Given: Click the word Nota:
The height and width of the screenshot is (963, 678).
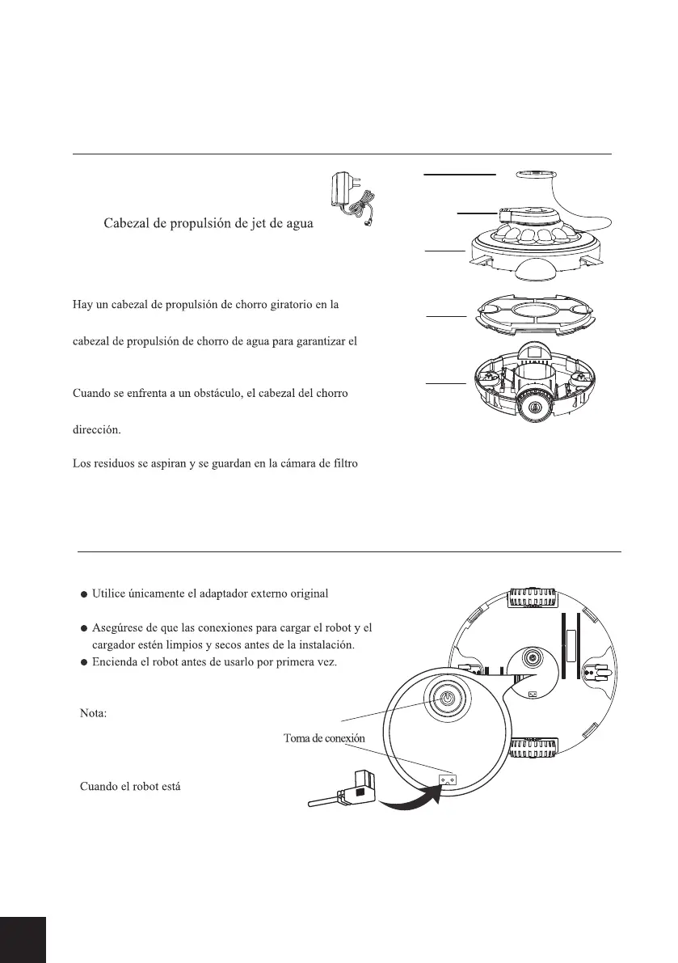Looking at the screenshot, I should pos(96,716).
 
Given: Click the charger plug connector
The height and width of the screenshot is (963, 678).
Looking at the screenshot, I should pos(348,788).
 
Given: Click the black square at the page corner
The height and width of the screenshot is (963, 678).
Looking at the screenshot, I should pos(23,940).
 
